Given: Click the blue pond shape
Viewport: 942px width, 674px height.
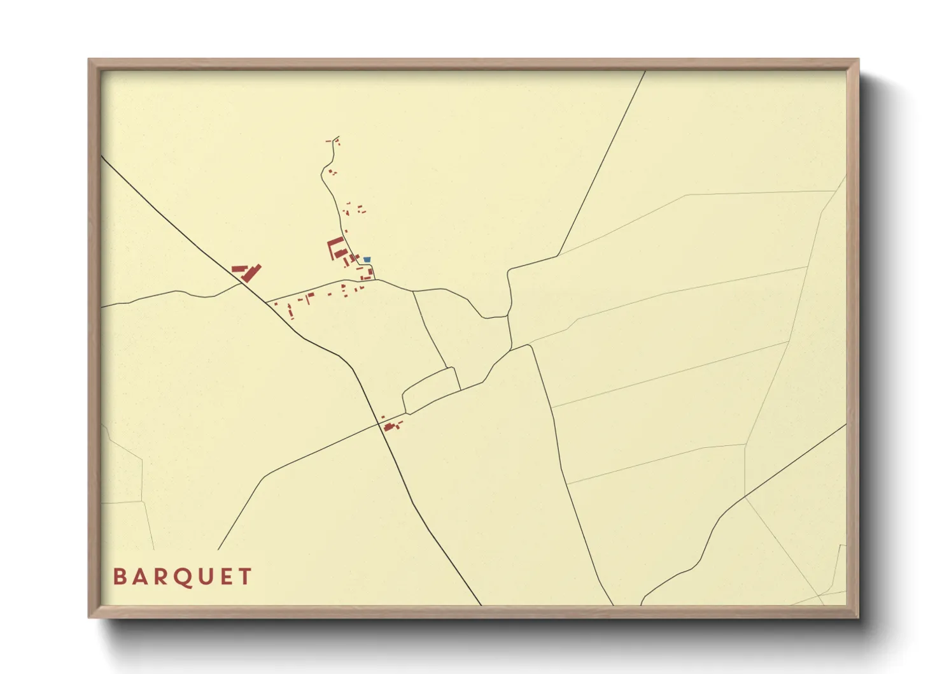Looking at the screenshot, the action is pos(367,259).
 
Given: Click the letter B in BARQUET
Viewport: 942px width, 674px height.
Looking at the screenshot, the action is pos(119,577).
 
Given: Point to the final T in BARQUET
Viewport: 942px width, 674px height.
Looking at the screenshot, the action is pos(246,577).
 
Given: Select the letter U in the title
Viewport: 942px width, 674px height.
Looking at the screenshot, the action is pos(204,577).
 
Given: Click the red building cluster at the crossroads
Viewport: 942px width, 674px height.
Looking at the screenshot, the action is pos(390,425).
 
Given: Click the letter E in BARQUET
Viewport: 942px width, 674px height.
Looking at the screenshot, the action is pos(225,577).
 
